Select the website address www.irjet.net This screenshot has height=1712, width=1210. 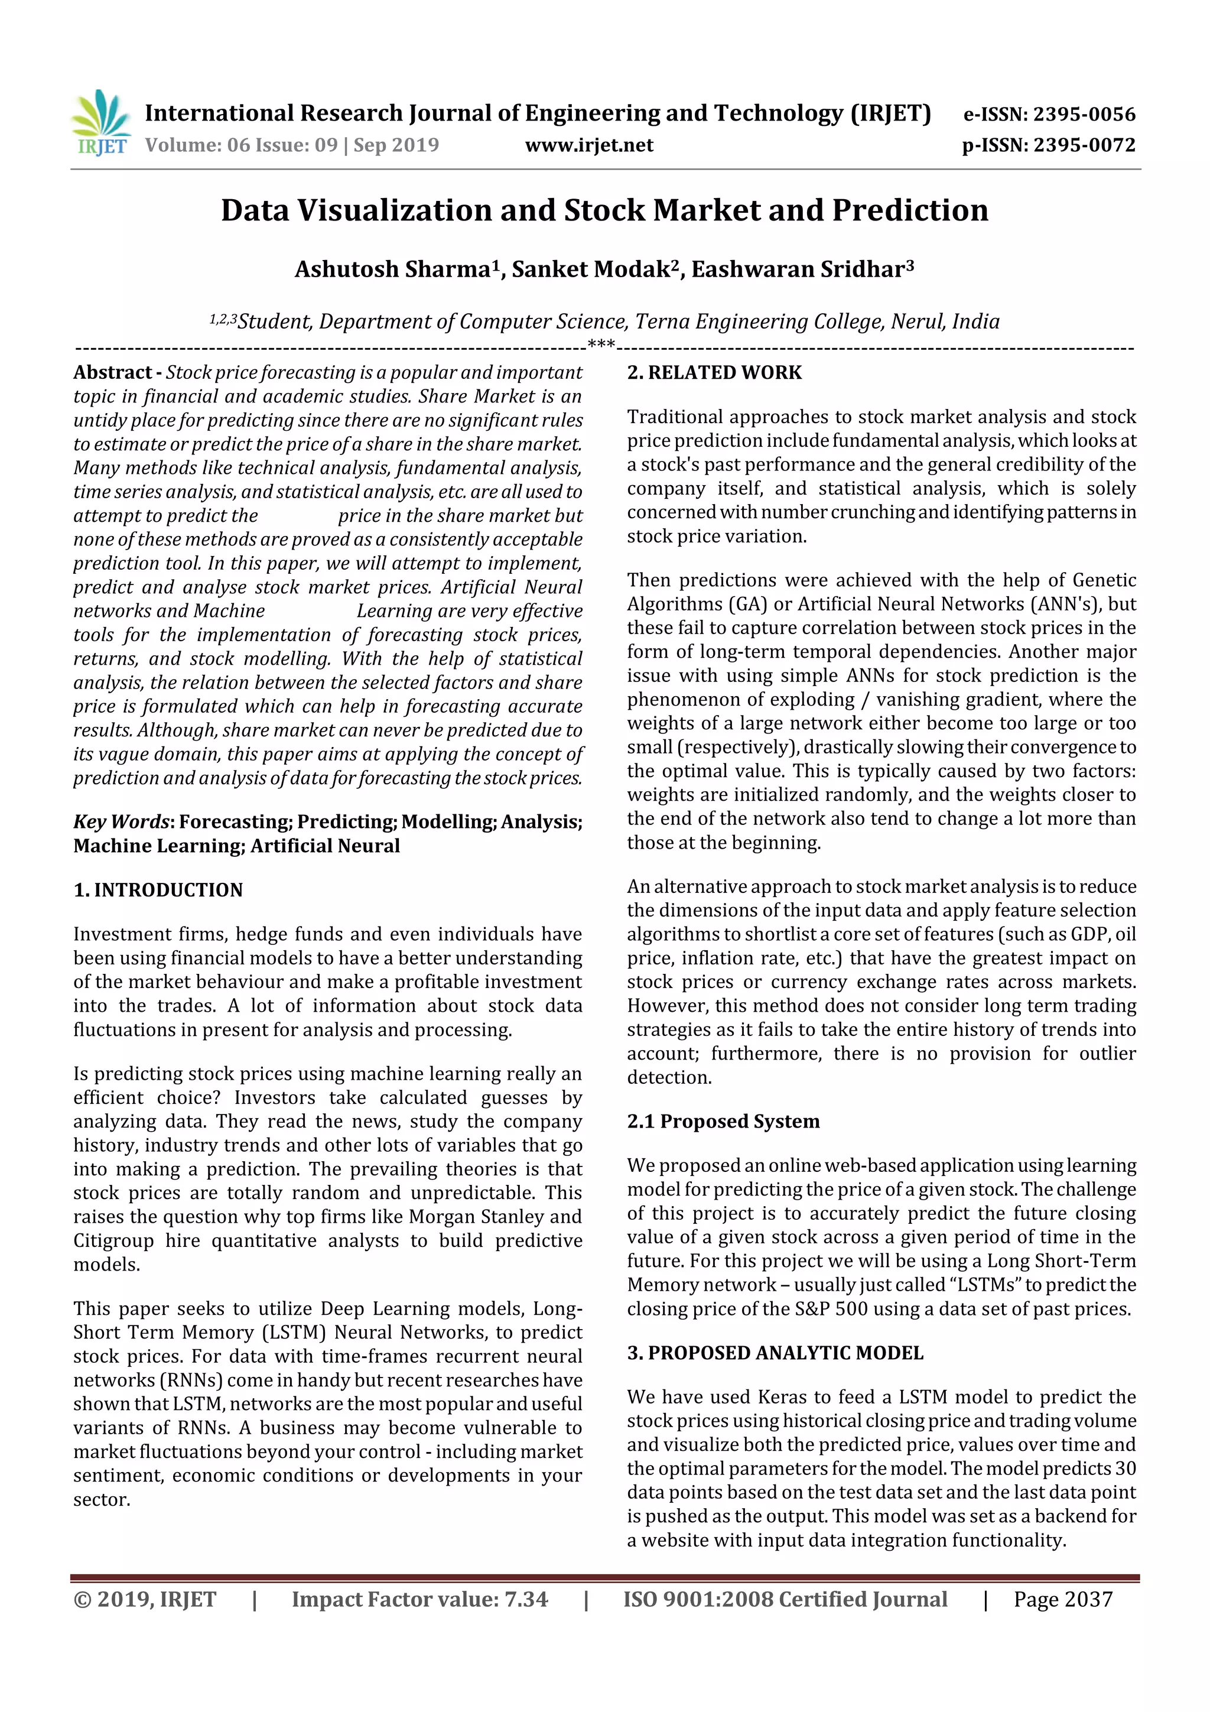coord(589,145)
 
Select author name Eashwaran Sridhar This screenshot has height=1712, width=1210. coord(802,269)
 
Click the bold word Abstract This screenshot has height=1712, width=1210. coord(113,372)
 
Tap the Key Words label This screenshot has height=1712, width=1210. coord(122,821)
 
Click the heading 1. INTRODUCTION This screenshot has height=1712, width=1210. coord(158,891)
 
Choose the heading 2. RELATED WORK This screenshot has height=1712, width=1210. coord(714,373)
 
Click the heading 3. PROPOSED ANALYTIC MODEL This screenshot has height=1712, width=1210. coord(775,1353)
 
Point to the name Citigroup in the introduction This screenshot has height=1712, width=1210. coord(113,1241)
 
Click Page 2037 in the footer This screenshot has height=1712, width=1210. coord(1062,1599)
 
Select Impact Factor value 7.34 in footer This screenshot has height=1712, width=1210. coord(419,1599)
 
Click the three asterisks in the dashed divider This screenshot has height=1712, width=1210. coord(601,345)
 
